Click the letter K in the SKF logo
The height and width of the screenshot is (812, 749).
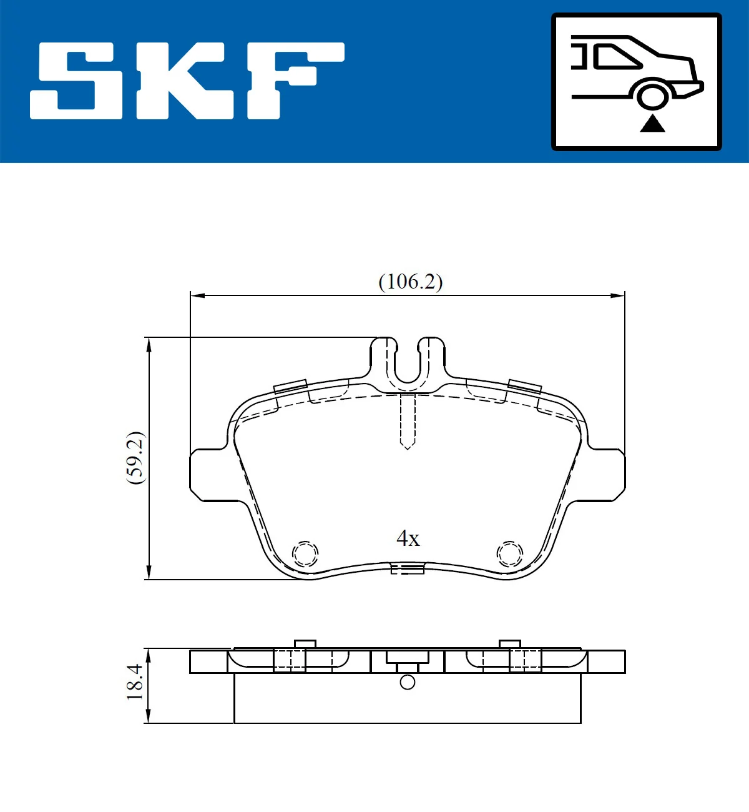[x=185, y=81]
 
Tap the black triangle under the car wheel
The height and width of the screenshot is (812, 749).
[x=652, y=123]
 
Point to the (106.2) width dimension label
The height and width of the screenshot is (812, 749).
[x=410, y=282]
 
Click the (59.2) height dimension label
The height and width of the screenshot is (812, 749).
[x=135, y=458]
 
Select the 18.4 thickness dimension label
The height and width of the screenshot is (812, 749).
[x=135, y=682]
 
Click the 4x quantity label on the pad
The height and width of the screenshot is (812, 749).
[x=408, y=538]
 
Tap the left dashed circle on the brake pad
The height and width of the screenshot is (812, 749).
[x=305, y=553]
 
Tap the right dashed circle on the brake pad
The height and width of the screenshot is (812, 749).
[x=509, y=553]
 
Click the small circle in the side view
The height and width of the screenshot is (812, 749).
[x=407, y=682]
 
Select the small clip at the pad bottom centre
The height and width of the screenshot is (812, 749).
[x=407, y=568]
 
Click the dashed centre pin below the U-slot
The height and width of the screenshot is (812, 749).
[x=407, y=422]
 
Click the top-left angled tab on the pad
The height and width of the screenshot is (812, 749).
[x=290, y=386]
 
